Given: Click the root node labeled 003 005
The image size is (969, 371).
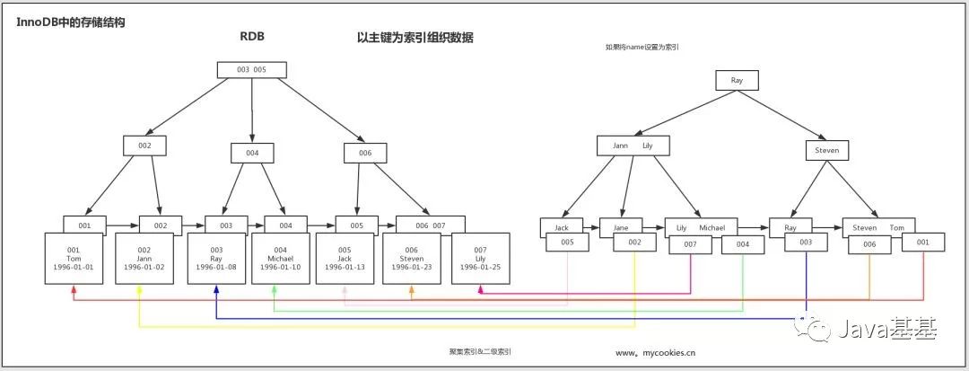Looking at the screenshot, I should click(x=252, y=69).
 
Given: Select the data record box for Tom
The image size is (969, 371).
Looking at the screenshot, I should click(x=74, y=259).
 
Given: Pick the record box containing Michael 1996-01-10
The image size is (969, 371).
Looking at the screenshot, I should click(x=280, y=259).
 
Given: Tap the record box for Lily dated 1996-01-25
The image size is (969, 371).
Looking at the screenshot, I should click(x=481, y=259).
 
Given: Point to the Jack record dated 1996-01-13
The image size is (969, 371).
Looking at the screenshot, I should click(x=345, y=259).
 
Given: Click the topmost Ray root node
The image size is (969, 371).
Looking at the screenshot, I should click(x=737, y=81).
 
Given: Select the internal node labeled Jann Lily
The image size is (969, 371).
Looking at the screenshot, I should click(x=633, y=146).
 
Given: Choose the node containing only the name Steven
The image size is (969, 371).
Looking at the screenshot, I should click(x=826, y=150).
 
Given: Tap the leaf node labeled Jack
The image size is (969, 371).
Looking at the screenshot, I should click(x=562, y=227).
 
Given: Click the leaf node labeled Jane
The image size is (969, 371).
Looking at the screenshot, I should click(x=621, y=227).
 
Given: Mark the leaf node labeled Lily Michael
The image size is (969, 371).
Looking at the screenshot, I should click(x=701, y=227).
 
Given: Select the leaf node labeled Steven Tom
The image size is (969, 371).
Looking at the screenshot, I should click(x=878, y=227).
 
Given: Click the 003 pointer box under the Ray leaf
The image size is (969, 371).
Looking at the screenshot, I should click(x=806, y=243).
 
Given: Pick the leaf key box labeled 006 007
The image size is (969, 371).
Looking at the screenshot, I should click(x=431, y=225).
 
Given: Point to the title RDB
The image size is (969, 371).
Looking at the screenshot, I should click(x=252, y=38).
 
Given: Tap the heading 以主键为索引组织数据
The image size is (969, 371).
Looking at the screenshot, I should click(x=415, y=38).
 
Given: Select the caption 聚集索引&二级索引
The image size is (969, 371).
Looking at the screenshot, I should click(x=480, y=352).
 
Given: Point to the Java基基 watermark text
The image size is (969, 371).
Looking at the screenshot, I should click(x=885, y=330).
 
